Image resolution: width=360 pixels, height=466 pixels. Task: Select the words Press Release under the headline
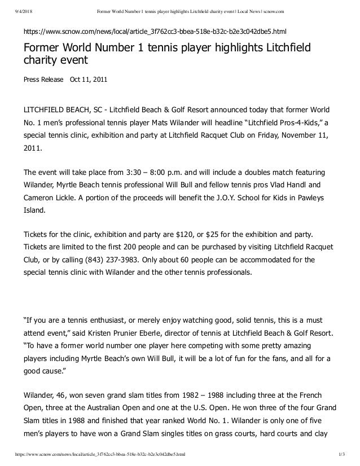point(43,80)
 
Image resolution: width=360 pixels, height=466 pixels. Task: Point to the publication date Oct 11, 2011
point(88,80)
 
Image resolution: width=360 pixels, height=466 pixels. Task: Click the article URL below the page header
point(155,28)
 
